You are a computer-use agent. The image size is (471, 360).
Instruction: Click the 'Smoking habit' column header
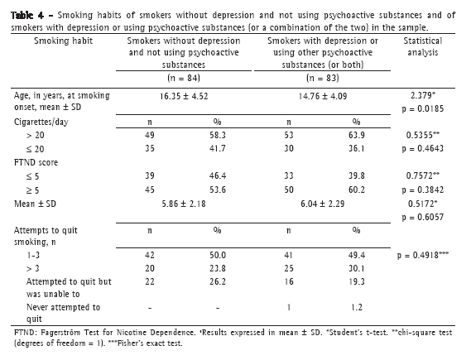63,41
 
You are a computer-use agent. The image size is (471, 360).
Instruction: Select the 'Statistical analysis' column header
423,46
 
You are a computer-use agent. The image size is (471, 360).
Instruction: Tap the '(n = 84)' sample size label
184,78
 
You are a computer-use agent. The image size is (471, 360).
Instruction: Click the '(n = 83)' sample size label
323,78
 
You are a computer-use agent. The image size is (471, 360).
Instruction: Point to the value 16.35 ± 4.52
184,96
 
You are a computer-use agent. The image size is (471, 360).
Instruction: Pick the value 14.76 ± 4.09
323,96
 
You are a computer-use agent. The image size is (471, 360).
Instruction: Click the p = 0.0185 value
423,108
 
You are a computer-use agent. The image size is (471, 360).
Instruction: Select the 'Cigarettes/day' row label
41,122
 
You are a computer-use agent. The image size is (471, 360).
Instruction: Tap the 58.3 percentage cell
218,135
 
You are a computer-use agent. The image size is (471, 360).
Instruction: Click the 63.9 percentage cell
357,135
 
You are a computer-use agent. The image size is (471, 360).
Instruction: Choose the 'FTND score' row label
36,162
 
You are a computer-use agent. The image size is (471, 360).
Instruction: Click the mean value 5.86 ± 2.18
184,204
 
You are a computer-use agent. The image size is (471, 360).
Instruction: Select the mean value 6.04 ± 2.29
323,204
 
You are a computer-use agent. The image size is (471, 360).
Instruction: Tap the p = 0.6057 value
423,217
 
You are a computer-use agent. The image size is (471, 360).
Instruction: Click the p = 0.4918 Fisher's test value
423,255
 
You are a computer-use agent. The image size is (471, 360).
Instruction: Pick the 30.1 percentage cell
357,268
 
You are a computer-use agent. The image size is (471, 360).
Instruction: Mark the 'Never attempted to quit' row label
63,313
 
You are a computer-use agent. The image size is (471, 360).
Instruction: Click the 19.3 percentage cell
357,281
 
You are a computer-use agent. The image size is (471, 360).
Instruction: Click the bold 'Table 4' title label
27,15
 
